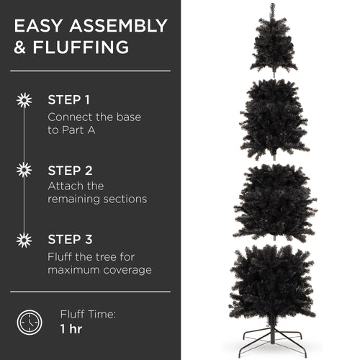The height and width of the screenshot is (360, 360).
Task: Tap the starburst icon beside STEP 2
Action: [24, 171]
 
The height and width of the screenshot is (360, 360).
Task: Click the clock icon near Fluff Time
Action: [29, 320]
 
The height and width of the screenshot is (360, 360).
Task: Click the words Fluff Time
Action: [89, 314]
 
